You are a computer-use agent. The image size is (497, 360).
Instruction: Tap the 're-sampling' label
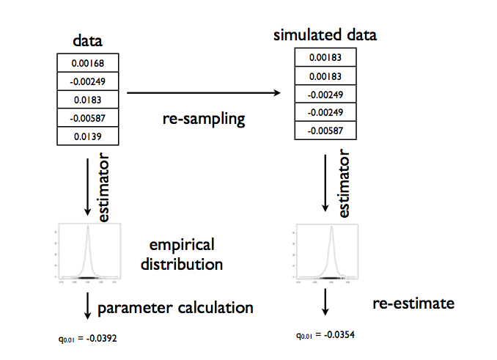[204, 118]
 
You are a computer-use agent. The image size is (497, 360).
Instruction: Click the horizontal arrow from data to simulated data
[204, 93]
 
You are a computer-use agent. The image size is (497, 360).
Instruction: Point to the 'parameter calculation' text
[175, 308]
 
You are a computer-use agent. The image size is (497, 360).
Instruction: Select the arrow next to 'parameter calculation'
[88, 305]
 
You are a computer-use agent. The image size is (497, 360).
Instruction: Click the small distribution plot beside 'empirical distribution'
[87, 254]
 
